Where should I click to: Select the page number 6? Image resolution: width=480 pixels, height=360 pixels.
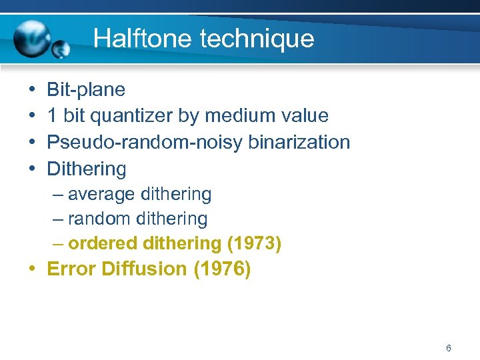tap(449, 348)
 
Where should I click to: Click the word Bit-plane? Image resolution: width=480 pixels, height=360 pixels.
tap(86, 89)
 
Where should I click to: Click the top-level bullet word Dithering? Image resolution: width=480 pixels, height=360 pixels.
tap(86, 169)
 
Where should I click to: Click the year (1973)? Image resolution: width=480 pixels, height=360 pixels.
tap(254, 243)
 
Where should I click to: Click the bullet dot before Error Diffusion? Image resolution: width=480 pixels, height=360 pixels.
tap(33, 269)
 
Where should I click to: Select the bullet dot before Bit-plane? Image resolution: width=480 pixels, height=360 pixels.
tap(33, 90)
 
